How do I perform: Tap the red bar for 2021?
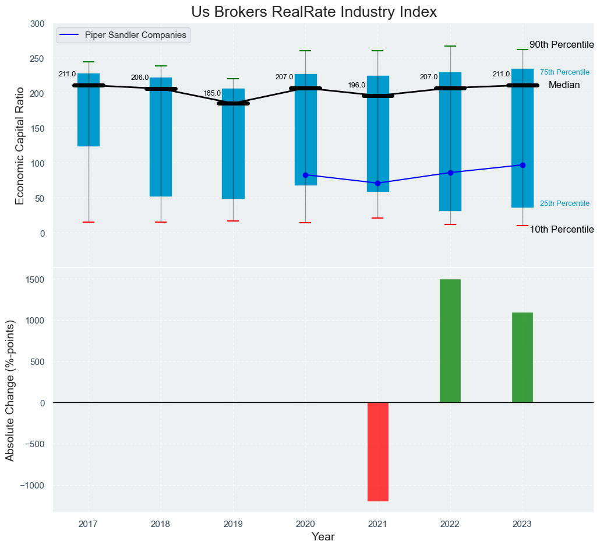point(377,451)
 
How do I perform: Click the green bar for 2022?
point(450,340)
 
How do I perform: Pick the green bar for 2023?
point(522,357)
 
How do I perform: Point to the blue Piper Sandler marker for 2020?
point(305,175)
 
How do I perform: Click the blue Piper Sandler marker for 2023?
point(523,165)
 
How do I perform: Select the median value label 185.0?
point(212,93)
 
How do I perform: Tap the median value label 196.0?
point(357,86)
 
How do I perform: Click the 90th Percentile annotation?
point(561,45)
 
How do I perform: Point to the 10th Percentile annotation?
point(561,230)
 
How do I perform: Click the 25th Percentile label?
point(564,203)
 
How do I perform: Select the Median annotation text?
point(564,85)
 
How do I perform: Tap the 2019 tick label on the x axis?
point(233,524)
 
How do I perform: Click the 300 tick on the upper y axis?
point(37,24)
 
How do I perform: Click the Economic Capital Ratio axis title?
point(20,145)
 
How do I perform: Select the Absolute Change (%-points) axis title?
point(10,390)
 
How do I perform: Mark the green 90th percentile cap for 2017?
point(89,62)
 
